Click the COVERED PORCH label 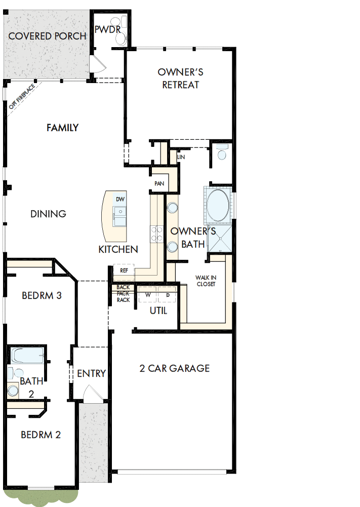click(47, 36)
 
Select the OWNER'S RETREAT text click(181, 79)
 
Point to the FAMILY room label click(62, 128)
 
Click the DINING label click(48, 214)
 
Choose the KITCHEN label click(118, 249)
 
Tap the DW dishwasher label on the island click(120, 199)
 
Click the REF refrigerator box click(124, 270)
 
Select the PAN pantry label click(159, 183)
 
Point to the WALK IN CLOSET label click(206, 281)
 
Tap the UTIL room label click(158, 311)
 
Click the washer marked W click(148, 294)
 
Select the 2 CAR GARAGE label click(174, 368)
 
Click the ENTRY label click(91, 373)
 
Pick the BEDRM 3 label click(42, 295)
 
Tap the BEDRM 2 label click(41, 434)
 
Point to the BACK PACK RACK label click(123, 294)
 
